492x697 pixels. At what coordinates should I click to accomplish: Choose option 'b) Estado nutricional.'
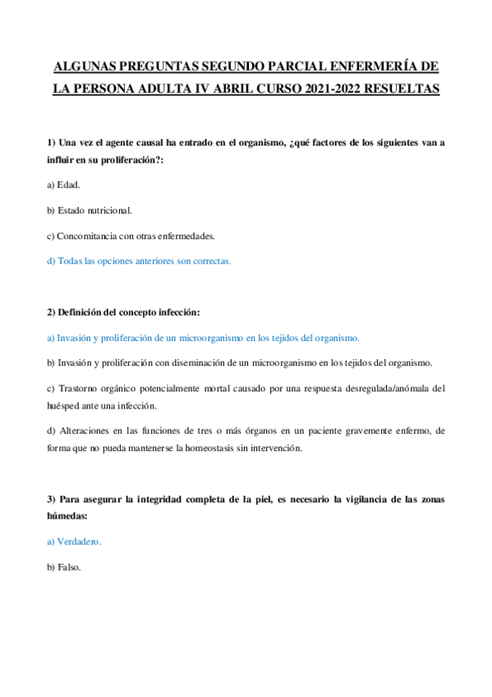click(x=90, y=210)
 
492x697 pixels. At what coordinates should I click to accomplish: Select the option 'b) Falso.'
click(x=64, y=567)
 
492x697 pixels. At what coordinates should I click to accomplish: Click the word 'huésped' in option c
click(x=65, y=405)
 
